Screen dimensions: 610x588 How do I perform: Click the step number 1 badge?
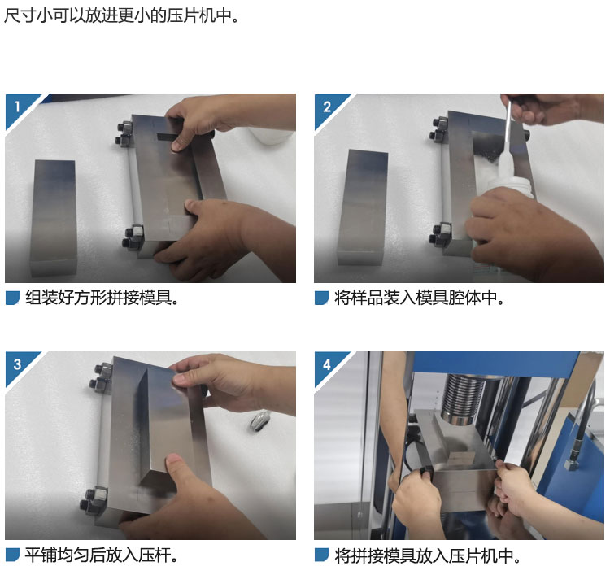tap(18, 107)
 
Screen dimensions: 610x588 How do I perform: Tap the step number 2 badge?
tap(327, 107)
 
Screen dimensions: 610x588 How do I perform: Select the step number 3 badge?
tap(18, 364)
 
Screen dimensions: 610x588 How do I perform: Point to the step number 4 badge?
tap(327, 364)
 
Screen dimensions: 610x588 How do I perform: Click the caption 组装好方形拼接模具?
tap(102, 298)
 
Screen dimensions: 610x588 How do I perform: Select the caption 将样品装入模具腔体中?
tap(420, 298)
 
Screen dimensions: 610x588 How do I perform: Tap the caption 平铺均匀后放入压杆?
tap(101, 555)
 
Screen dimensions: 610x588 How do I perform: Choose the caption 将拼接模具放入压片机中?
tap(428, 556)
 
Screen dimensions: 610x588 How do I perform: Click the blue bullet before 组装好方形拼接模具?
tap(12, 298)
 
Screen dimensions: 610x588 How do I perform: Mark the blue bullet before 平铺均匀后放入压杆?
tap(12, 555)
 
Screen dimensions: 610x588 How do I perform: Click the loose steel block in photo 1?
tap(54, 217)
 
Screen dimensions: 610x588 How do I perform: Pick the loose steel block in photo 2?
tap(363, 207)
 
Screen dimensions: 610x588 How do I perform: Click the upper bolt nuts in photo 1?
tap(124, 133)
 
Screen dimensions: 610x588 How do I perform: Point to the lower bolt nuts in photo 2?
tap(440, 234)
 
